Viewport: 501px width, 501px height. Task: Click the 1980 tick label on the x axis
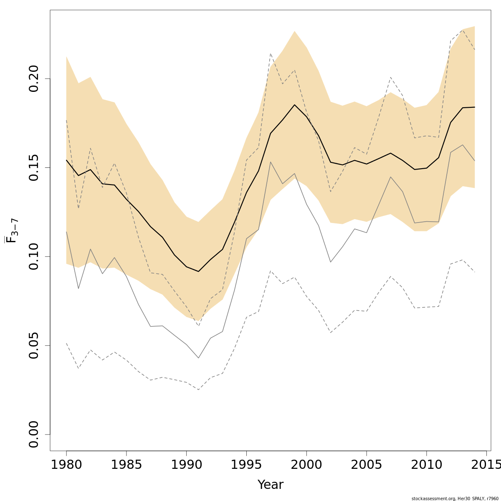pyautogui.click(x=66, y=465)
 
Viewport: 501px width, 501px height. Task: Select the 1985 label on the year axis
pyautogui.click(x=127, y=465)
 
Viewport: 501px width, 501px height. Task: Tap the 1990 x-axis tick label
pyautogui.click(x=186, y=465)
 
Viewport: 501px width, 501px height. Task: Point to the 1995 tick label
pyautogui.click(x=246, y=465)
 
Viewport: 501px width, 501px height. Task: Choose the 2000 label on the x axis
pyautogui.click(x=306, y=465)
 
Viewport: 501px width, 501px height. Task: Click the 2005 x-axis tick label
pyautogui.click(x=366, y=465)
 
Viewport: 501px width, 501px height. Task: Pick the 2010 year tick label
pyautogui.click(x=426, y=465)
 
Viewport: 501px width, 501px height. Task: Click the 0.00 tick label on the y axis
pyautogui.click(x=34, y=434)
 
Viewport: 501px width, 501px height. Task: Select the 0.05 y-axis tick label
pyautogui.click(x=34, y=345)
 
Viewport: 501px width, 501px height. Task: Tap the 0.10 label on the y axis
pyautogui.click(x=34, y=256)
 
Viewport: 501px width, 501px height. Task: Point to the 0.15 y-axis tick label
pyautogui.click(x=34, y=167)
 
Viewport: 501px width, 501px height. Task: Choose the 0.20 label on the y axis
pyautogui.click(x=34, y=78)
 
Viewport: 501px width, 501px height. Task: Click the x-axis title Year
pyautogui.click(x=270, y=485)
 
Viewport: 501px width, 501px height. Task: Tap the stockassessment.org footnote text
pyautogui.click(x=455, y=498)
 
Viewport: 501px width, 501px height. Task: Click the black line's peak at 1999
pyautogui.click(x=294, y=105)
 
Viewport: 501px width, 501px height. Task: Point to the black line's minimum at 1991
pyautogui.click(x=198, y=271)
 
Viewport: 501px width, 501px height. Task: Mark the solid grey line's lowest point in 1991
pyautogui.click(x=198, y=358)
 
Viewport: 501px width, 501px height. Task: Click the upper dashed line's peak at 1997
pyautogui.click(x=271, y=53)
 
